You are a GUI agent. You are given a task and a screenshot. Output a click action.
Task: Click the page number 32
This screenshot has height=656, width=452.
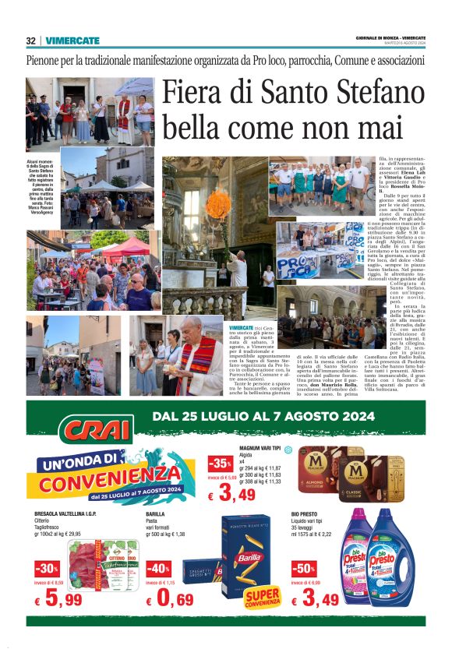[31, 41]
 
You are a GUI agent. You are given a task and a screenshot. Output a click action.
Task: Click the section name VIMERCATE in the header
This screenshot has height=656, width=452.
[72, 41]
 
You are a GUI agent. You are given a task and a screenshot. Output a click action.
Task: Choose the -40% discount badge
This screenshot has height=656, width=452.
[157, 569]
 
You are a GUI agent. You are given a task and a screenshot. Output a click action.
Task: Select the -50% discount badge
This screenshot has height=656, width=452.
[303, 569]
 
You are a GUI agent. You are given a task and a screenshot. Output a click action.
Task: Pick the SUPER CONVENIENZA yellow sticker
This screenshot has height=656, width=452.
[263, 598]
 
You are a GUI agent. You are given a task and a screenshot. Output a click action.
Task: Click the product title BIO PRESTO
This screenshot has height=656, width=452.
[305, 515]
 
